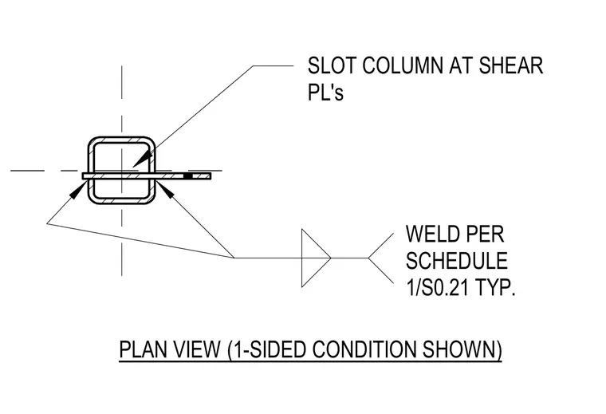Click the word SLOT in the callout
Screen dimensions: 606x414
[x=332, y=65]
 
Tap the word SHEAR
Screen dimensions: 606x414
[x=511, y=65]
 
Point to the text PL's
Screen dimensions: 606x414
[x=325, y=93]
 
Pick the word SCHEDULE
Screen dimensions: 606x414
[x=456, y=261]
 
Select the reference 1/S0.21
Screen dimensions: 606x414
[x=437, y=287]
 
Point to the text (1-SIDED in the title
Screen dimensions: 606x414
[x=266, y=349]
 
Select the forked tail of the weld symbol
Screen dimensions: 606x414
[x=381, y=258]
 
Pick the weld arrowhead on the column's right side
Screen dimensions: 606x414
[x=164, y=189]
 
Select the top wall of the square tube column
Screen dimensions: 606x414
[x=122, y=140]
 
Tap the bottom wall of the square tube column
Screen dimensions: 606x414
[x=122, y=200]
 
